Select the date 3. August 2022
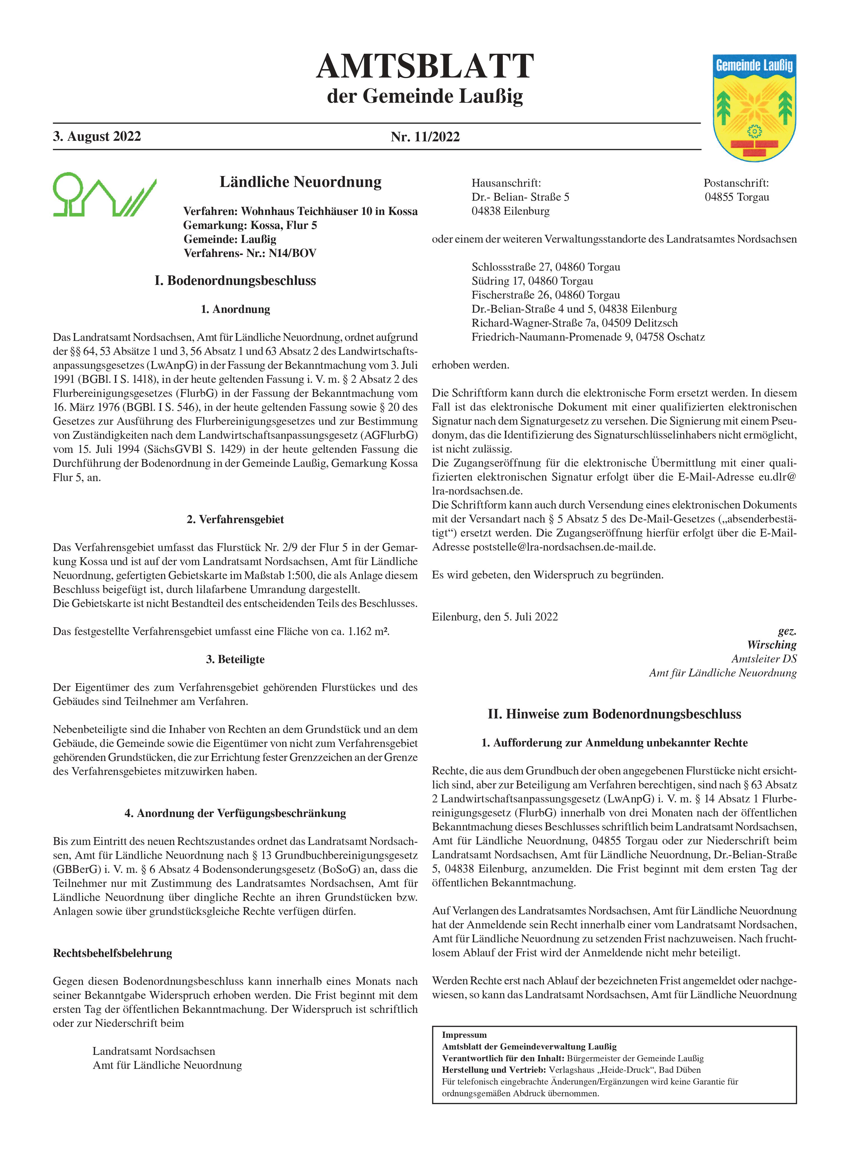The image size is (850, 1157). click(x=97, y=136)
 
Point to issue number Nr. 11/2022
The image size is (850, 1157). click(x=425, y=137)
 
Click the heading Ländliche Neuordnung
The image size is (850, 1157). click(x=300, y=182)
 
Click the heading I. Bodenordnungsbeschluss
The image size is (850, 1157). click(x=235, y=281)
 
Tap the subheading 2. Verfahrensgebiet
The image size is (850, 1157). click(x=235, y=519)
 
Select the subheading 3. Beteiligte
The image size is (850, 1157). click(x=235, y=659)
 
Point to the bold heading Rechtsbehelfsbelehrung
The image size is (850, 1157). click(x=113, y=953)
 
